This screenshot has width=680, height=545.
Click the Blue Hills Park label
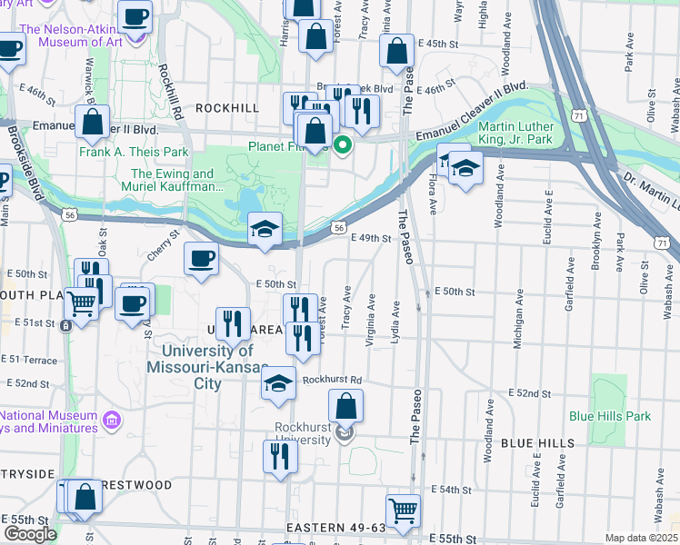point(610,416)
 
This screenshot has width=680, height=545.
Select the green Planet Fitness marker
point(343,144)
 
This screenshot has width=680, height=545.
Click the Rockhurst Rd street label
point(333,380)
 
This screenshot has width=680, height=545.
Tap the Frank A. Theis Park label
point(145,152)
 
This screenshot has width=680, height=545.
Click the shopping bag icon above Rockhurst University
point(345,405)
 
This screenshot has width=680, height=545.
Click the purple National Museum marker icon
point(112,420)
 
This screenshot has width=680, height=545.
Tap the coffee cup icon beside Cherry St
point(201,258)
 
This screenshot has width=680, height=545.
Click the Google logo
point(29,534)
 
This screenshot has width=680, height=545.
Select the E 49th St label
point(371,239)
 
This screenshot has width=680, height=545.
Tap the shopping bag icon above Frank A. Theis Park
point(93,121)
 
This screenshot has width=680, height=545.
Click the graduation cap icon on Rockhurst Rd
point(279,382)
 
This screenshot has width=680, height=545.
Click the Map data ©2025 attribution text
point(641,538)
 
